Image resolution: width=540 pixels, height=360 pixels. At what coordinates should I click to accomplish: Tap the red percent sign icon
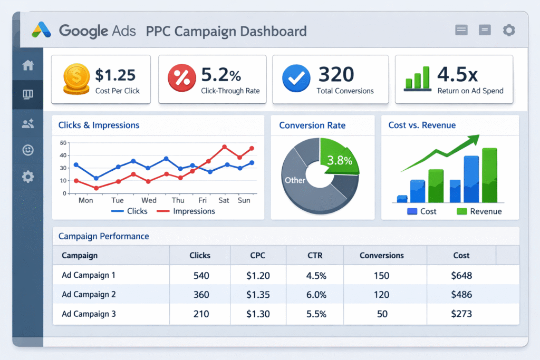tap(181, 78)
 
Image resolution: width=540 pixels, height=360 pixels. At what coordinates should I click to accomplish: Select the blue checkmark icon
tap(296, 79)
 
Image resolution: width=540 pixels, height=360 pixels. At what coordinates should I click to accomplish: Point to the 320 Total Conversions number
tap(336, 74)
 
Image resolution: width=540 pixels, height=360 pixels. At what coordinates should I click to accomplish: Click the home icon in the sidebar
tap(28, 65)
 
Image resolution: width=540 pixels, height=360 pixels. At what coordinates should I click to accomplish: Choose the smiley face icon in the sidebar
tap(28, 150)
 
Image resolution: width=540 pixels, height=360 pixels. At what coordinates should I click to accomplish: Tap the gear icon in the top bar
tap(508, 31)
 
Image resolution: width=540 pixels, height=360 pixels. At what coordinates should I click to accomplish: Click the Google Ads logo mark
tap(42, 30)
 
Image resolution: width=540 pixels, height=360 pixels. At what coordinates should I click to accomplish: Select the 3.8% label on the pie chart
tap(339, 161)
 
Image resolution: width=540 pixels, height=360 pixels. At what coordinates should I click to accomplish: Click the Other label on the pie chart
tap(295, 180)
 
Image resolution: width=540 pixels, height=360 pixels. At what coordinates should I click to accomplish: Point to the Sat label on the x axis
tap(224, 200)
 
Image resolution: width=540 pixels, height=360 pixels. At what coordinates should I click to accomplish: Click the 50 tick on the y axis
tap(63, 143)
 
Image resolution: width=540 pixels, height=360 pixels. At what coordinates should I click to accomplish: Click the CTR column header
tap(314, 256)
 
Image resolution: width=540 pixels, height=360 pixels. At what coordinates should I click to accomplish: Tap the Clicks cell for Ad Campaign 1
tap(201, 276)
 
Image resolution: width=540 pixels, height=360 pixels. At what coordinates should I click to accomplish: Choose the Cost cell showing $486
tap(462, 295)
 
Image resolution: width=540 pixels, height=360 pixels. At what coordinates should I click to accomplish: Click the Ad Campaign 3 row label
tap(88, 314)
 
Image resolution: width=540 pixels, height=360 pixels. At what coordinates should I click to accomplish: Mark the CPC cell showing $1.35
tap(258, 295)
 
